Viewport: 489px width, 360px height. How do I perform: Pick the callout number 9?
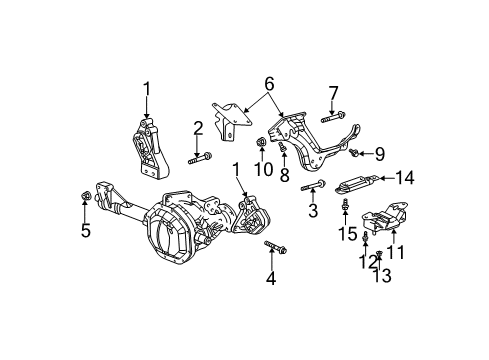379,154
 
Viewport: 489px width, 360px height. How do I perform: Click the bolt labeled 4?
275,247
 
